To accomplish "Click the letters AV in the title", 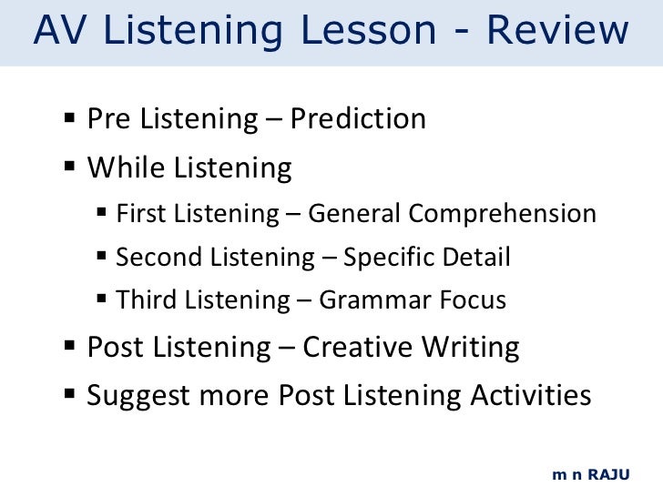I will pos(60,31).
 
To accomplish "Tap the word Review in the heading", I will pos(556,31).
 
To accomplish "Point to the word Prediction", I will pos(358,119).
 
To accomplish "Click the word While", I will pos(125,168).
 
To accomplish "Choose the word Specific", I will pos(390,258).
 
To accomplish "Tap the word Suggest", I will pos(135,397).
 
